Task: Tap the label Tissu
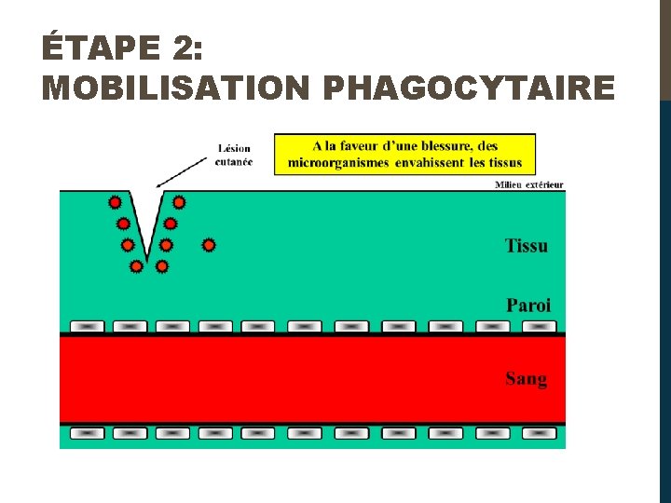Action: [x=527, y=246]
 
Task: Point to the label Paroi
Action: [x=528, y=305]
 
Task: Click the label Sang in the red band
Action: [x=527, y=378]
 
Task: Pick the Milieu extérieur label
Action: [x=528, y=184]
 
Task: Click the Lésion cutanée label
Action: [x=234, y=154]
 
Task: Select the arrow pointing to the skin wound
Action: [x=182, y=170]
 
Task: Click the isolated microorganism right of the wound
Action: [x=209, y=245]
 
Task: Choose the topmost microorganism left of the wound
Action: [x=115, y=202]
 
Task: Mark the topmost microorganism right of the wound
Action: [x=178, y=201]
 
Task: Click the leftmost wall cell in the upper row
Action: [x=87, y=326]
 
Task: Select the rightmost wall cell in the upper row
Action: [x=539, y=326]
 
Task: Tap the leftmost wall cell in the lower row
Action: [x=87, y=433]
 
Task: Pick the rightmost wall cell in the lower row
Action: [x=539, y=433]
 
